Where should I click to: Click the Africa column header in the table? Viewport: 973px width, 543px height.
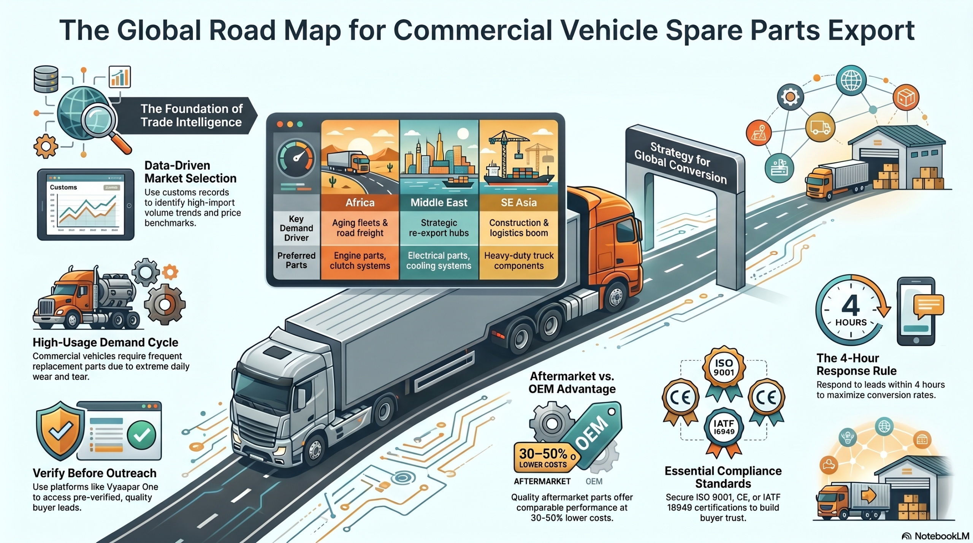tap(360, 203)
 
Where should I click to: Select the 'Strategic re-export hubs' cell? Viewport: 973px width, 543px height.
tap(439, 228)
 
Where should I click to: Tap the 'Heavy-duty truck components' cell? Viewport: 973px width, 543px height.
tap(519, 261)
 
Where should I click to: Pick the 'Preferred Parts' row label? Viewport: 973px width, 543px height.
tap(296, 261)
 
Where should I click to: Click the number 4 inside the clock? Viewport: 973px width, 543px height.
tap(851, 305)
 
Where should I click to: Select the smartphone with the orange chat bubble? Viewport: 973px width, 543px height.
tap(916, 311)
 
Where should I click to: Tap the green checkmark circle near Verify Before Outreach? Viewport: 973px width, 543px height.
tap(141, 435)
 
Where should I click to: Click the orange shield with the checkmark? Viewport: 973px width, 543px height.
tap(60, 430)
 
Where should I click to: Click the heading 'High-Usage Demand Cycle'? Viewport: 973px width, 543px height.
tap(105, 342)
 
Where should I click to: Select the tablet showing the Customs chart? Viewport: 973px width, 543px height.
tap(86, 204)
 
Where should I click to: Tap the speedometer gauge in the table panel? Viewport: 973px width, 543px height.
tap(296, 158)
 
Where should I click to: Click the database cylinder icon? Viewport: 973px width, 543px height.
tap(46, 79)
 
